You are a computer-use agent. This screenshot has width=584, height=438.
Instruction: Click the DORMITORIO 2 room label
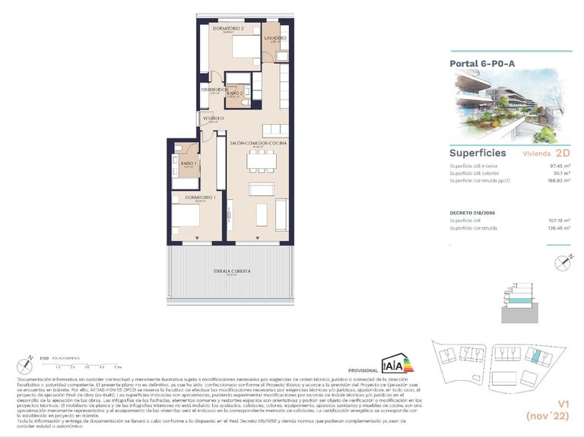227,28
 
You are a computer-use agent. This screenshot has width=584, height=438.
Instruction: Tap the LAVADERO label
275,37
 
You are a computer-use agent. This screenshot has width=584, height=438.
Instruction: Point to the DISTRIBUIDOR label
214,89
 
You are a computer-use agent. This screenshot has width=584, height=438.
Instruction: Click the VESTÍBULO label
212,119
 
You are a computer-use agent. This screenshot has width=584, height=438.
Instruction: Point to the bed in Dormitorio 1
185,221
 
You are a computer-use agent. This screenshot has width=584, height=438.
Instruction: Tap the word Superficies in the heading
478,153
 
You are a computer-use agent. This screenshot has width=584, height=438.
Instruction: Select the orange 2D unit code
562,152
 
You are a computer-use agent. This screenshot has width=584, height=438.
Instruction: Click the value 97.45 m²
556,166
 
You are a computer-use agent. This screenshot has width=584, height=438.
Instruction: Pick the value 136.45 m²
554,227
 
